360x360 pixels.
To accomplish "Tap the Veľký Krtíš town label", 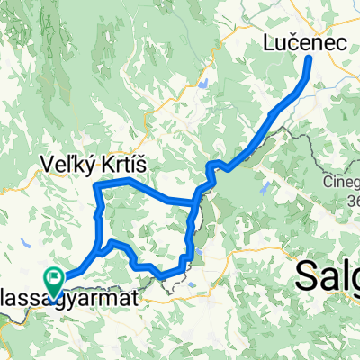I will click(93, 164).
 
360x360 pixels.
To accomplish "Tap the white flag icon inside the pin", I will click(54, 279).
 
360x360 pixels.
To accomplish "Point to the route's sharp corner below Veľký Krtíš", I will click(96, 184).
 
